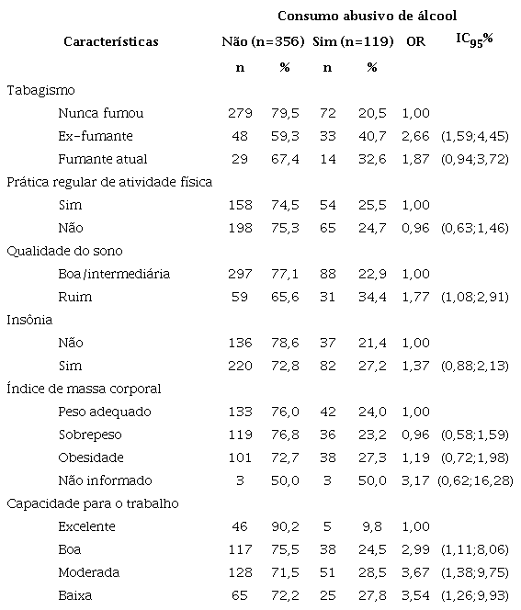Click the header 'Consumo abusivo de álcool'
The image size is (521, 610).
coord(368,16)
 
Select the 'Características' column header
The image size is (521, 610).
coord(110,41)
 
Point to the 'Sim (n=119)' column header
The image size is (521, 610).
coord(354,41)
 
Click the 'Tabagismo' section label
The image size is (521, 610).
coord(40,90)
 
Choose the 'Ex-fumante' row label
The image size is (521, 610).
coord(95,136)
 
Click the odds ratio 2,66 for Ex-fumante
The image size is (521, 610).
coord(414,136)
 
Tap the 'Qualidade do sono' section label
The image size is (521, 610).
coord(64,251)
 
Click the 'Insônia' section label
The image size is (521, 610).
coord(31,320)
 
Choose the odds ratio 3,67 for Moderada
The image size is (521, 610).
coord(414,572)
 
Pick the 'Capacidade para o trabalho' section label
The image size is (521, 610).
coord(92,503)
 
